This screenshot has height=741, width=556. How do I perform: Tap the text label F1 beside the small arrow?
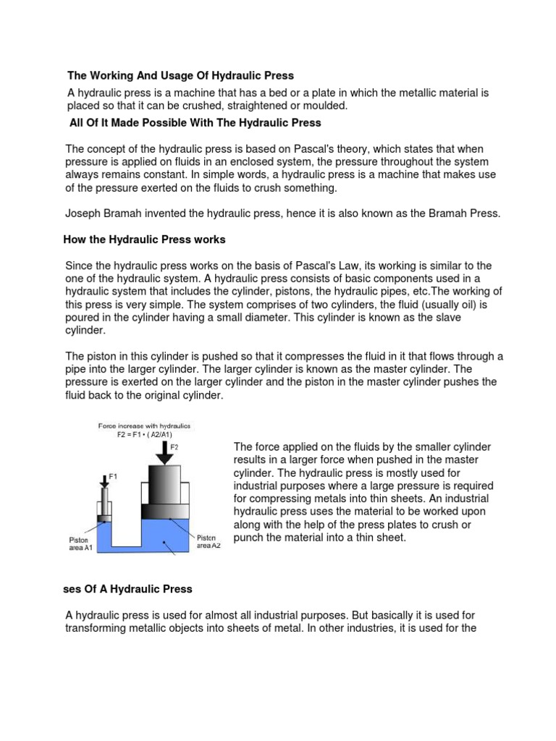(112, 475)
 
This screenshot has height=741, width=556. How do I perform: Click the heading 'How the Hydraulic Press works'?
(145, 240)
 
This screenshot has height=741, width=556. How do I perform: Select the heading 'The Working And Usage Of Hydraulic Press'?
(181, 75)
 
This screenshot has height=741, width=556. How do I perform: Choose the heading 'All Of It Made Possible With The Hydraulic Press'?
(195, 123)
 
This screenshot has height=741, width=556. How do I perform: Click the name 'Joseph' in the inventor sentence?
(82, 213)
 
